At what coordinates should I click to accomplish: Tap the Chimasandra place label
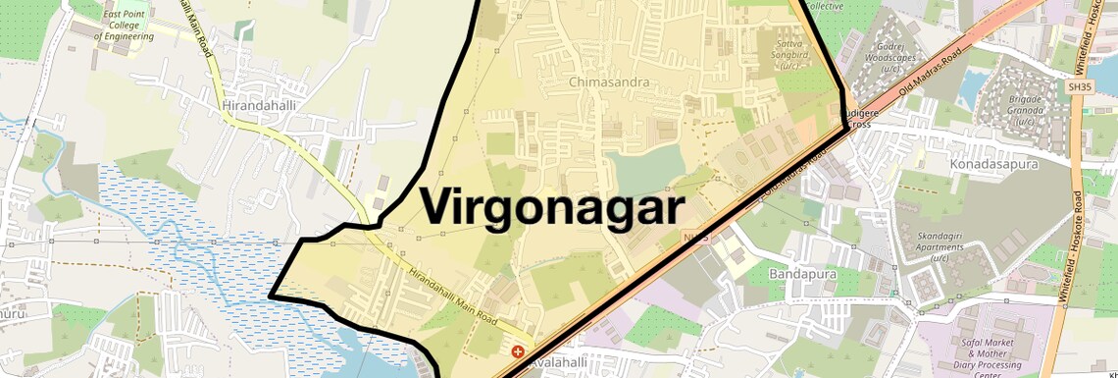(x=609, y=81)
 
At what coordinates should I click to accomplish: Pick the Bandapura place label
(x=802, y=274)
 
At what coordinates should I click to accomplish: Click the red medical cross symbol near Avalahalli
(x=518, y=351)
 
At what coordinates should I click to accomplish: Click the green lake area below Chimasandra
(x=643, y=167)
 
